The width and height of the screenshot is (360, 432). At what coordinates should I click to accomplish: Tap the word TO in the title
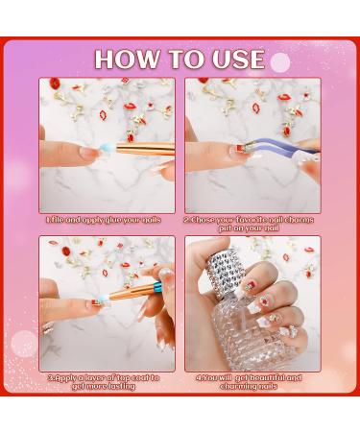(182, 59)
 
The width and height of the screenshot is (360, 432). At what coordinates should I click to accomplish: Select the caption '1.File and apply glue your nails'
(107, 220)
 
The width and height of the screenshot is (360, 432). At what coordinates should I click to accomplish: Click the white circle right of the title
(280, 62)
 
